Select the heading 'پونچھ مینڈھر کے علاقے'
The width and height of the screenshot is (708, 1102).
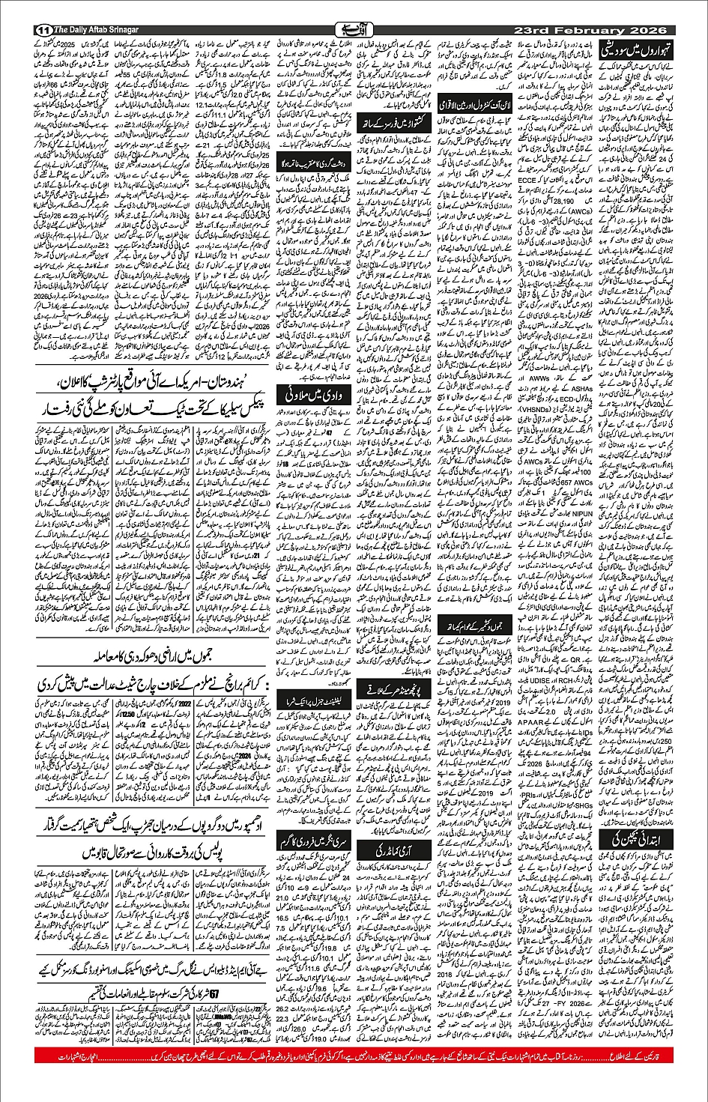click(x=394, y=688)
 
